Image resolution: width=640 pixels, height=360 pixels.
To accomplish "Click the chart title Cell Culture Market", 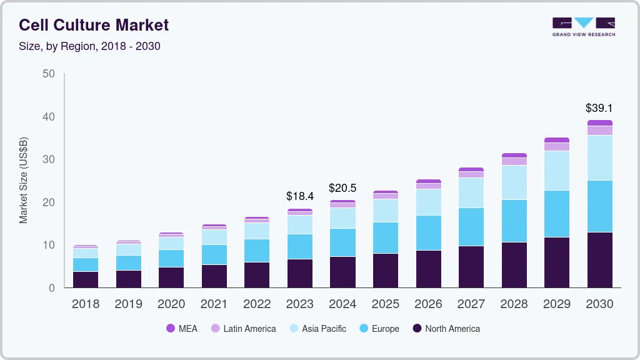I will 94,26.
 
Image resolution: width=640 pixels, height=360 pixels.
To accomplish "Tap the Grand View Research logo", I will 584,27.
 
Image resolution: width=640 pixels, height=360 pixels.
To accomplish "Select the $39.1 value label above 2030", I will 599,108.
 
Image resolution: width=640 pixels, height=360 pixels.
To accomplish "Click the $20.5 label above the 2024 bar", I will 342,188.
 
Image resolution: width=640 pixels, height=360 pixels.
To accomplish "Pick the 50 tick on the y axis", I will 49,74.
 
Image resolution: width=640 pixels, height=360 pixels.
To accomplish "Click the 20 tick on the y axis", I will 49,202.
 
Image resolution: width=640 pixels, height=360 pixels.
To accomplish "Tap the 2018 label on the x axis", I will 85,304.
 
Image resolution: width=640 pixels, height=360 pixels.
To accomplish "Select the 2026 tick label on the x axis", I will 428,304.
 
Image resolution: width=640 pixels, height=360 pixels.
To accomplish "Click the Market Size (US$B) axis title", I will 24,180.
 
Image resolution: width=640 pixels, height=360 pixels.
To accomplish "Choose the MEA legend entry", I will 182,329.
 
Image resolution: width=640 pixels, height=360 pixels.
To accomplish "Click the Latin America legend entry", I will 243,329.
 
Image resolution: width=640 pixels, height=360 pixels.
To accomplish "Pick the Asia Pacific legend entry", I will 317,329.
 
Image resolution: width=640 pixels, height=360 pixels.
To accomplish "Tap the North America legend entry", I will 446,329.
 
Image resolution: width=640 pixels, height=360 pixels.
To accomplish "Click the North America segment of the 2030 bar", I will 599,260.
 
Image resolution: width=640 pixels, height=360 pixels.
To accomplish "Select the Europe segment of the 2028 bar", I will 514,221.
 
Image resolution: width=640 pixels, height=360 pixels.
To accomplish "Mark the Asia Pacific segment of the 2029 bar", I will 557,171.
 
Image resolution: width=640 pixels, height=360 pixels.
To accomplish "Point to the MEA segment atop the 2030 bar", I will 599,123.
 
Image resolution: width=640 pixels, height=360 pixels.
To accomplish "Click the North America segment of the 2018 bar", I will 85,279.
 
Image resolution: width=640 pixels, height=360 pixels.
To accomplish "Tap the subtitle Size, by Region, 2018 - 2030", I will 90,46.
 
